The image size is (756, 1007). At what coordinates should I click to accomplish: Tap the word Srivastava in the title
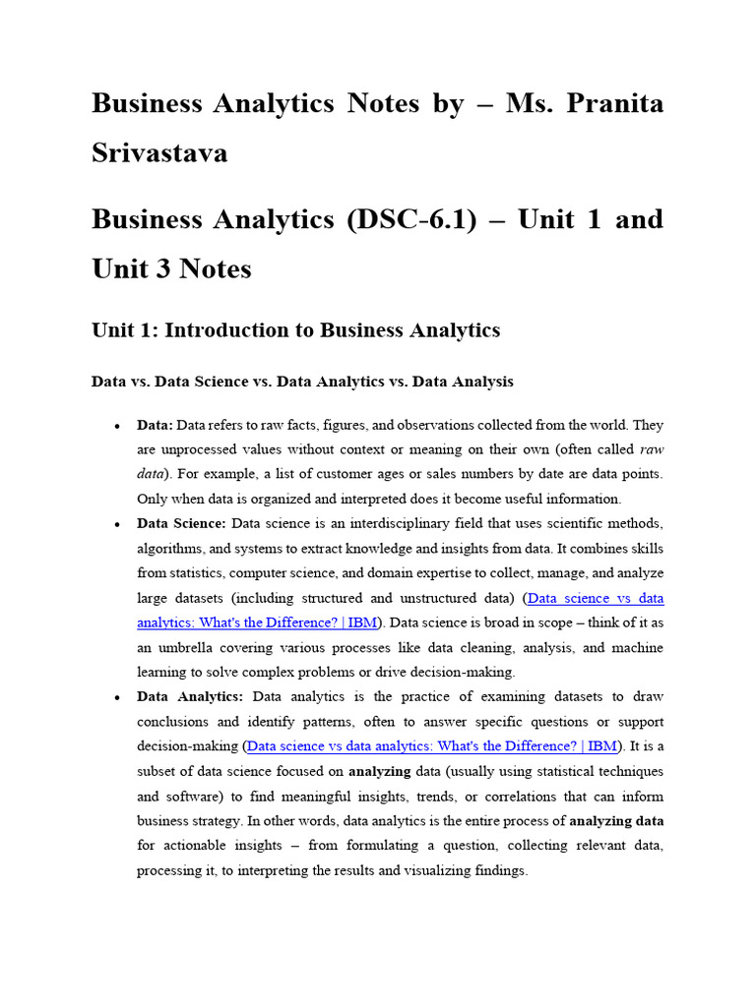coord(159,152)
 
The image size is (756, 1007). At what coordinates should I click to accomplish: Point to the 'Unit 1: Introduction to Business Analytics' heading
coord(295,330)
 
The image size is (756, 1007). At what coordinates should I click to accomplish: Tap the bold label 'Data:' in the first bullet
coord(155,425)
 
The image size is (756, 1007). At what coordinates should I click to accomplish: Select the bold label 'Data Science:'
coord(182,523)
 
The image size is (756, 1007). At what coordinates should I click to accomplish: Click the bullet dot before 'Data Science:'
coord(117,524)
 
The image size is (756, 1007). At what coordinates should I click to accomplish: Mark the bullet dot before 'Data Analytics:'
coord(117,697)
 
